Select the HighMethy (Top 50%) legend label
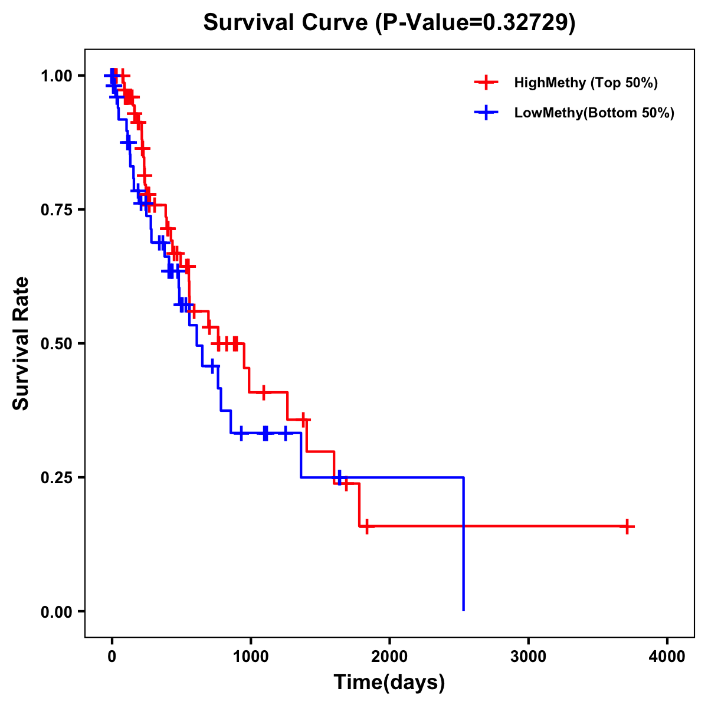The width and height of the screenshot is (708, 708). click(x=585, y=83)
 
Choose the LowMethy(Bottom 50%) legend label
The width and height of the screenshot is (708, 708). click(x=594, y=113)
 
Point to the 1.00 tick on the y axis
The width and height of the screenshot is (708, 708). click(x=56, y=76)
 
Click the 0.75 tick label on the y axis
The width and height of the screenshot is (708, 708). click(x=56, y=210)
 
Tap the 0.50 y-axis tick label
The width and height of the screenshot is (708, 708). click(x=56, y=344)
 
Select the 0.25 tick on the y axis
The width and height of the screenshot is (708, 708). click(x=56, y=478)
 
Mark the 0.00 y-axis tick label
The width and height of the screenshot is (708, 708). click(x=56, y=612)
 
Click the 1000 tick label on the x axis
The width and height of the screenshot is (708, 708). click(x=251, y=657)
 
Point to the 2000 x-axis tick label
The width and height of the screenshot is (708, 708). click(x=389, y=657)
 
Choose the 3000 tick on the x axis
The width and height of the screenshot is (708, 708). click(x=528, y=657)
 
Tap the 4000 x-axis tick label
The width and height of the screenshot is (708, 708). click(x=667, y=657)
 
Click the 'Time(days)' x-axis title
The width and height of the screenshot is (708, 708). click(x=389, y=683)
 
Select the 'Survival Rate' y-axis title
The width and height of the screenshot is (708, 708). click(x=21, y=343)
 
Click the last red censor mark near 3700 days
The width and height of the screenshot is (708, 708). click(x=627, y=526)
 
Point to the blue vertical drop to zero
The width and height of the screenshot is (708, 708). click(x=464, y=543)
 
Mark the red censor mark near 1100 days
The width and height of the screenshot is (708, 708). click(x=264, y=392)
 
